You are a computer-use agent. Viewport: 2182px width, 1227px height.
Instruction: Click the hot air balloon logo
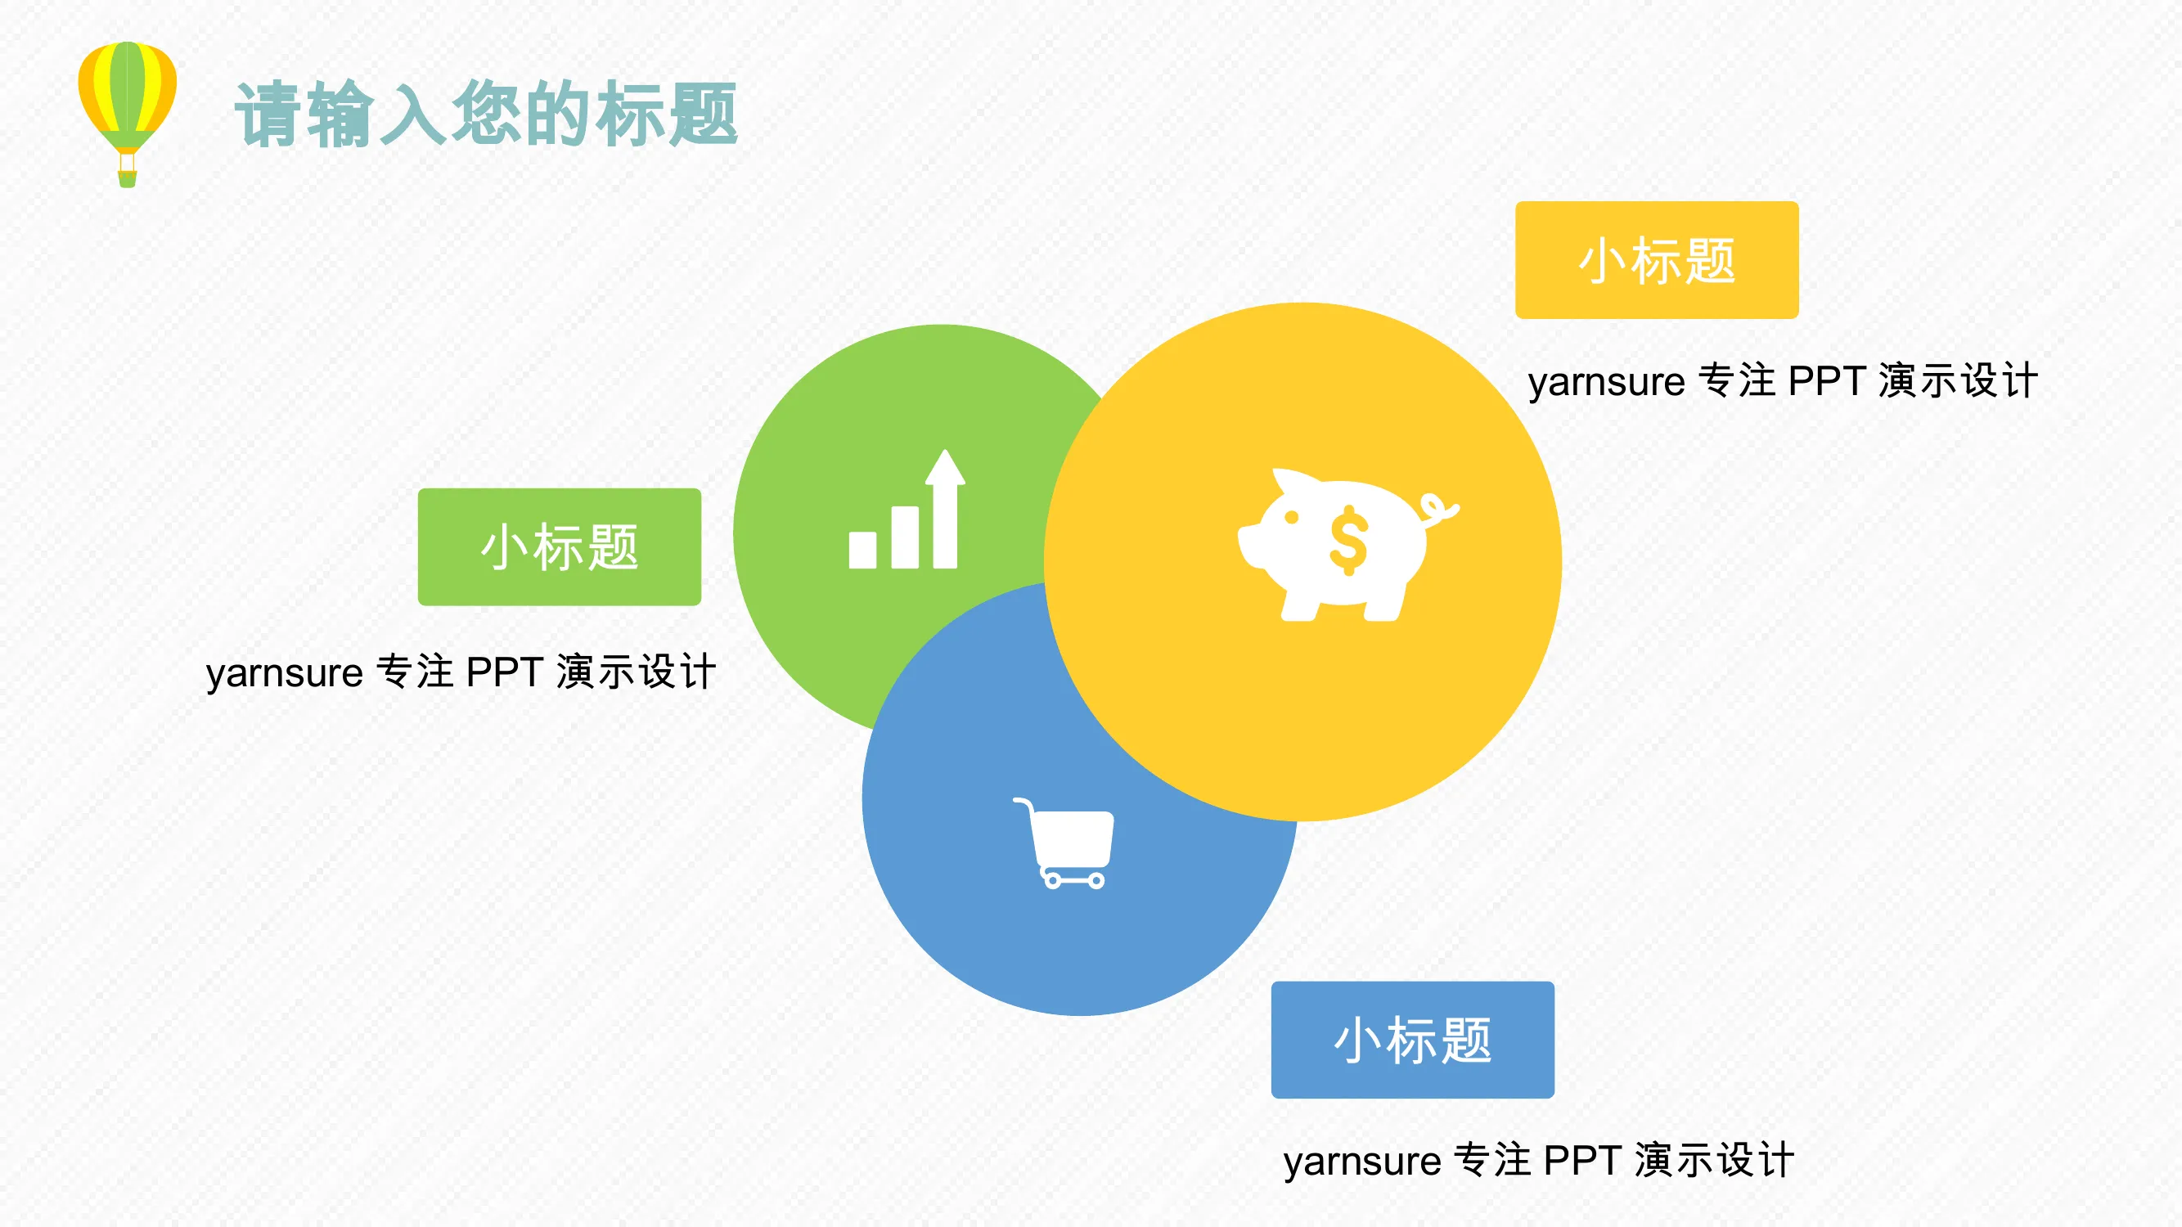[127, 114]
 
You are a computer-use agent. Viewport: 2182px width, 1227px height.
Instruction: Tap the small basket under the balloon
[127, 178]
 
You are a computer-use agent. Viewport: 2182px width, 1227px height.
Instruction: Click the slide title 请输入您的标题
[486, 115]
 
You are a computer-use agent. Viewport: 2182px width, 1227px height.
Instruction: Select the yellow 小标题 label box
[1657, 260]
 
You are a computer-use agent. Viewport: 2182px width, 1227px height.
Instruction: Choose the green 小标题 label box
[559, 547]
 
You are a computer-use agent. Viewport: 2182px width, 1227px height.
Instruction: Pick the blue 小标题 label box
[1413, 1040]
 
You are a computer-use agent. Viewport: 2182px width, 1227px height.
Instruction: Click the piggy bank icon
[1347, 545]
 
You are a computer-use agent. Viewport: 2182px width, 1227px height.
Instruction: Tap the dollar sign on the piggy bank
[1348, 540]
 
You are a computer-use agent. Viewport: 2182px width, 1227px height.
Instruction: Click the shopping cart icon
[1064, 843]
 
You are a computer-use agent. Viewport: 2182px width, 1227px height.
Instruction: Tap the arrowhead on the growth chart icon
[945, 466]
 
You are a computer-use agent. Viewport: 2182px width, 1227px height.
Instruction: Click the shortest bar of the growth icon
[862, 550]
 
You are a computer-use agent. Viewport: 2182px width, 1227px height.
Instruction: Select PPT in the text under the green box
[505, 672]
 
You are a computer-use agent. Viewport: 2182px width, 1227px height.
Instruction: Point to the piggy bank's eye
[1292, 518]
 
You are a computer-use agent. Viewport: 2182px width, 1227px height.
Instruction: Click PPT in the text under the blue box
[1582, 1161]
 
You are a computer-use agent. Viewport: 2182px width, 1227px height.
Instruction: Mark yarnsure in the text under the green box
[285, 673]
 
